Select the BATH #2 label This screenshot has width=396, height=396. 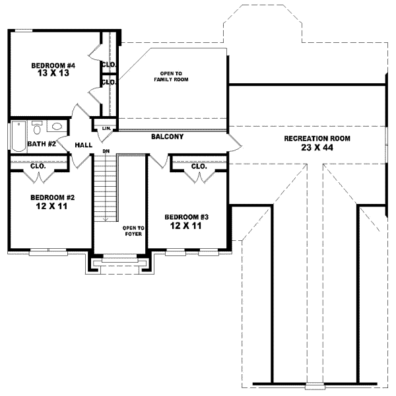(40, 143)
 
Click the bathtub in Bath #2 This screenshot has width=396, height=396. (16, 136)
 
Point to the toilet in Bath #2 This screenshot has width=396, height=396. (37, 126)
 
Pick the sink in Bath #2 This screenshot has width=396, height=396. (57, 127)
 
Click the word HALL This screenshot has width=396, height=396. (83, 145)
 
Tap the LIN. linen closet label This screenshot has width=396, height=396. (105, 128)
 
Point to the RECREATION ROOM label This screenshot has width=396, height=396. (317, 139)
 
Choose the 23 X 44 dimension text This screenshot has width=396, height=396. (317, 147)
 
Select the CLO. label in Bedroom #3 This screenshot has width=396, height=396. (199, 166)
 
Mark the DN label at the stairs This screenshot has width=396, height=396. (105, 152)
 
